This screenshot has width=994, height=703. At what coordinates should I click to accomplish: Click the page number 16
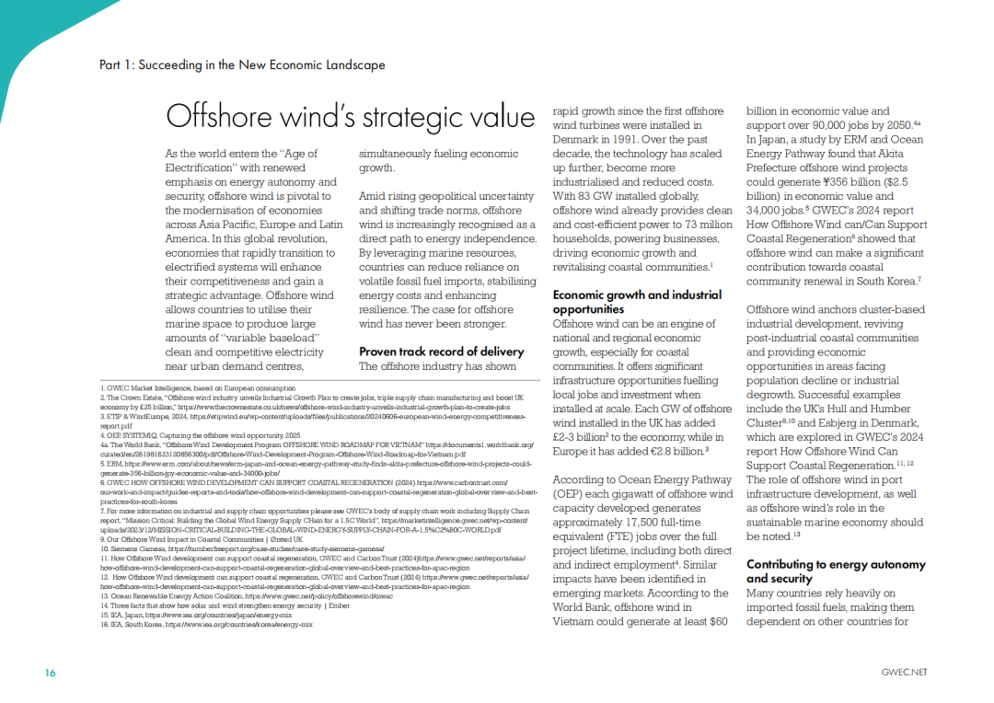(51, 673)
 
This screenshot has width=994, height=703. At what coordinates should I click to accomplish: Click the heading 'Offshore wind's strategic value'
(350, 117)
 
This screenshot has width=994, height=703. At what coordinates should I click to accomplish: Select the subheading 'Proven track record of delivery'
(441, 351)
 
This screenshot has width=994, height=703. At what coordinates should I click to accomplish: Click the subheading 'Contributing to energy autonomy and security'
(836, 570)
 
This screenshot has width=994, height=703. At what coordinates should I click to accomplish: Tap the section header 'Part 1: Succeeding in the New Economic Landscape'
(242, 65)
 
